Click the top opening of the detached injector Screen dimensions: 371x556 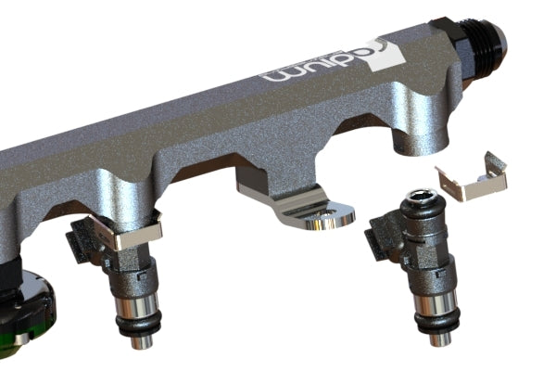point(421,196)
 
